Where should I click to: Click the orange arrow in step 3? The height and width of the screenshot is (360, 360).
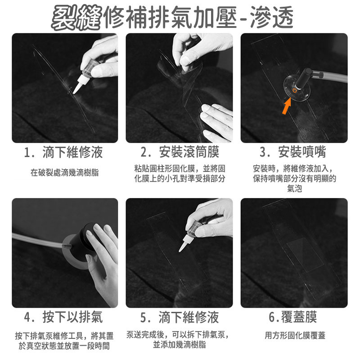(287, 106)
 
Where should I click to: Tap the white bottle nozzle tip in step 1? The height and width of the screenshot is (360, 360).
(74, 93)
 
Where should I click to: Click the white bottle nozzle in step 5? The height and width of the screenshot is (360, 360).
(184, 243)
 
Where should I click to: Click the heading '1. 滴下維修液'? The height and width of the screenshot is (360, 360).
(63, 153)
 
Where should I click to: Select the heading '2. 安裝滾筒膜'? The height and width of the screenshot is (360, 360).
(180, 152)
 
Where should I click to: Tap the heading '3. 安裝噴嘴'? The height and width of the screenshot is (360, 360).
(293, 152)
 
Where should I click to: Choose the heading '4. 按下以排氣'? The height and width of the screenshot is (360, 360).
(63, 317)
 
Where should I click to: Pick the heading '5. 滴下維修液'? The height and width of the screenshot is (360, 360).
(179, 317)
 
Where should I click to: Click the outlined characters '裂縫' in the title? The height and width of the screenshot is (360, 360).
(76, 18)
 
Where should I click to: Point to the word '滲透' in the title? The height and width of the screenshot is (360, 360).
(272, 17)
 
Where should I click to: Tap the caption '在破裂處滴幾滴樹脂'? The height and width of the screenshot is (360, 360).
(64, 173)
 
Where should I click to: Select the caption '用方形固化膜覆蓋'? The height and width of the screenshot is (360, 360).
(295, 335)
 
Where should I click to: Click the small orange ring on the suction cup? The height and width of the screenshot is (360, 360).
(295, 90)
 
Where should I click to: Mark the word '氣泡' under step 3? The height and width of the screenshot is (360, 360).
(295, 189)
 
